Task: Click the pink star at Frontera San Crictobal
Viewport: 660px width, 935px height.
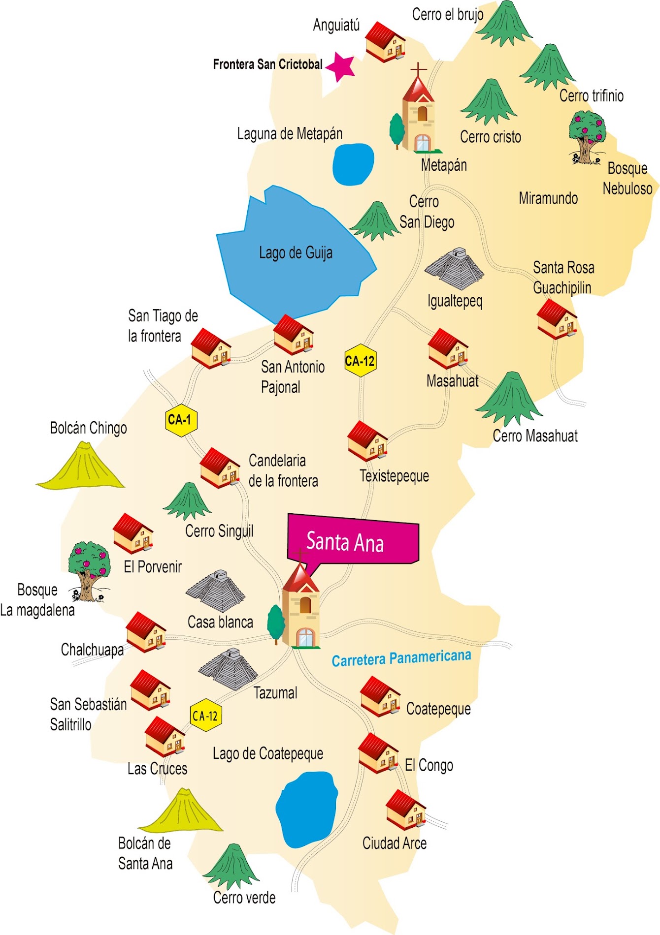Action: pos(340,66)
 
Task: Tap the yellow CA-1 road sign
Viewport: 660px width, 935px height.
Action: pos(181,421)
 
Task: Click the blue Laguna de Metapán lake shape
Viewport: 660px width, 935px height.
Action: pos(353,164)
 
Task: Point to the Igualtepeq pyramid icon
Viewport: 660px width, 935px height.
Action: pos(455,269)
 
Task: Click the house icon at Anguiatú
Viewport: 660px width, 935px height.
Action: pos(386,42)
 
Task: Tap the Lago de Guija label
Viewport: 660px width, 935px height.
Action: pos(296,253)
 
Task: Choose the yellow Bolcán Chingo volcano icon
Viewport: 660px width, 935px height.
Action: pos(81,467)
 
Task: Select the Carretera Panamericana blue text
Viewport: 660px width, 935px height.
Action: pos(401,658)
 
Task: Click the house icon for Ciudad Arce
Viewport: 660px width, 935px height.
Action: pos(405,810)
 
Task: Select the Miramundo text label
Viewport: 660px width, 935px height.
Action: pos(548,198)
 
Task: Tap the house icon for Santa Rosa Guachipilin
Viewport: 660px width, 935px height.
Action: pos(557,319)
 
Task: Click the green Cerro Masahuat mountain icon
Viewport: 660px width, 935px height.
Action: pos(510,399)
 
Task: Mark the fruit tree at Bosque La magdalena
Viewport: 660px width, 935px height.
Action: pos(89,571)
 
